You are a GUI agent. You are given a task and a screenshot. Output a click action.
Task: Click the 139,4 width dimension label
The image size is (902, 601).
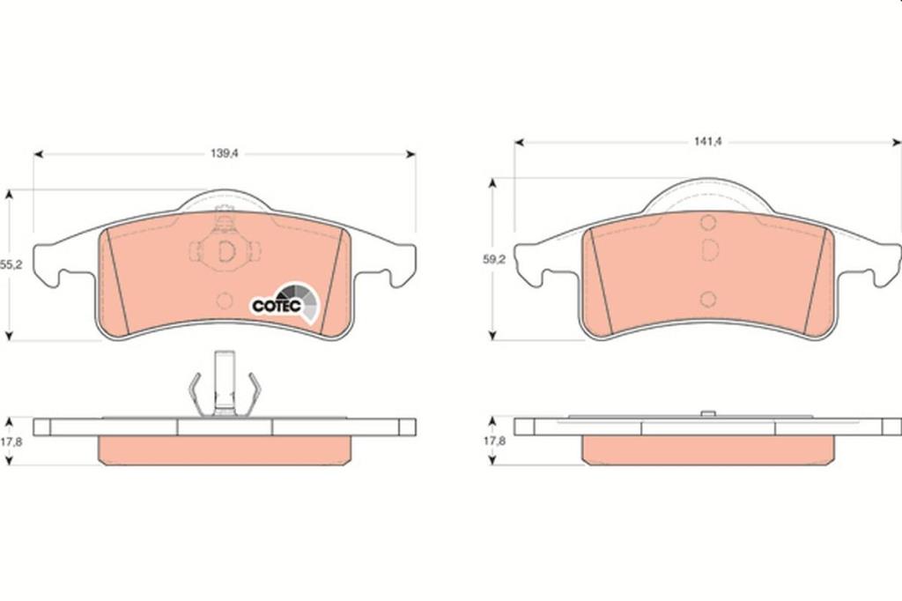[x=225, y=153]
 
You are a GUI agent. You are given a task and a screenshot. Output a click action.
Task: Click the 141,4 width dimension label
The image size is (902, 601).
[x=707, y=142]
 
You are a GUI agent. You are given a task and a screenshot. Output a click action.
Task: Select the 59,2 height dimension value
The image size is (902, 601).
[x=493, y=260]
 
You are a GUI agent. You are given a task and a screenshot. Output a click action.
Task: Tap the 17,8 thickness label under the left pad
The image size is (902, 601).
[x=11, y=441]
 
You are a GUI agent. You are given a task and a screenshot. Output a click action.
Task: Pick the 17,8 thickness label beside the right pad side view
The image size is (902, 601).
[x=493, y=441]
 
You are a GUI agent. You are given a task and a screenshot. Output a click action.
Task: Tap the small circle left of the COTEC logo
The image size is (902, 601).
[x=224, y=300]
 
